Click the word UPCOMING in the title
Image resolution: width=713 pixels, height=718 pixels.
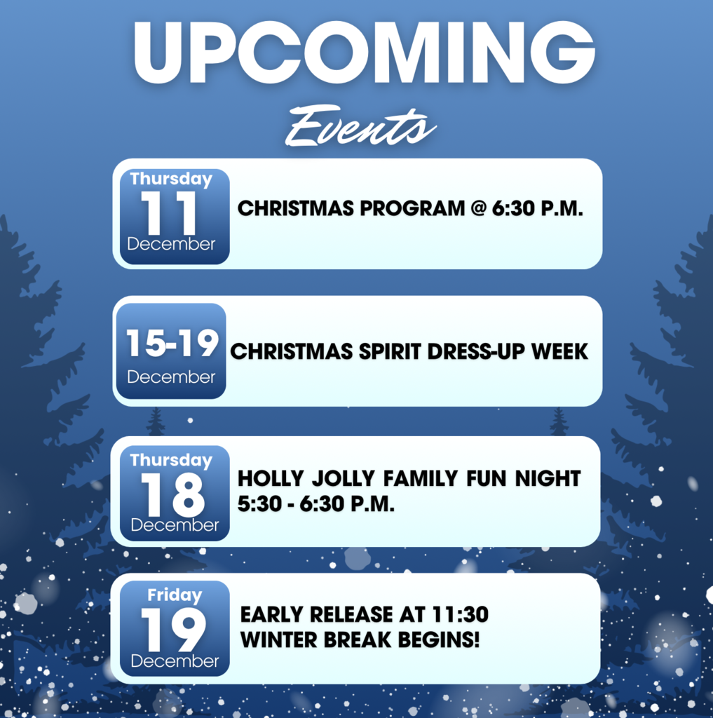tap(364, 53)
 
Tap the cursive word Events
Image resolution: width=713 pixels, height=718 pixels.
tap(360, 128)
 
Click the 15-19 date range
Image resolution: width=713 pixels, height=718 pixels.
tap(172, 344)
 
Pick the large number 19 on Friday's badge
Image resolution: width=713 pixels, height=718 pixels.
tap(172, 630)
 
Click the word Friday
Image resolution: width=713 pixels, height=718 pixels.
tap(175, 596)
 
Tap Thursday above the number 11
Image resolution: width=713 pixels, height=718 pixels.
tap(171, 179)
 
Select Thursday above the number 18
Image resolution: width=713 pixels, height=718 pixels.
tap(171, 461)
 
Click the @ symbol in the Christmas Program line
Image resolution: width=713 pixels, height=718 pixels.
tap(478, 208)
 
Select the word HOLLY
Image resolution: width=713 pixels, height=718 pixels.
tap(271, 479)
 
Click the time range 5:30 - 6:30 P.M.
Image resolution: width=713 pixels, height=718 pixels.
tap(316, 503)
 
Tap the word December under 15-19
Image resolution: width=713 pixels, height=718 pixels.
tap(172, 377)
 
